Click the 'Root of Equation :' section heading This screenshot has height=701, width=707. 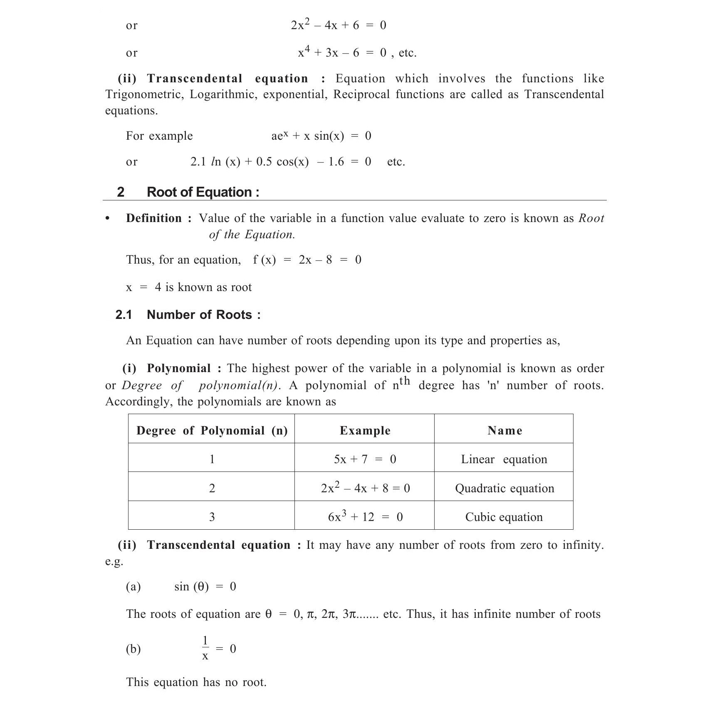[203, 192]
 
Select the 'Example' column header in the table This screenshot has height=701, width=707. [365, 430]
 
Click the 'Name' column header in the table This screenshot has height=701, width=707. [504, 430]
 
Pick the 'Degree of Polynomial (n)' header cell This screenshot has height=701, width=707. [212, 430]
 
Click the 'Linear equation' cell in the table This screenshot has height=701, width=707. [504, 459]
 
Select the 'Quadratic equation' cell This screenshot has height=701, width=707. [504, 488]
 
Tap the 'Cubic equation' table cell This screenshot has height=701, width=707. [504, 517]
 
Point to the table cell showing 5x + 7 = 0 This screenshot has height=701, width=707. [365, 459]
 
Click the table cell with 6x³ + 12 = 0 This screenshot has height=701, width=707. [365, 517]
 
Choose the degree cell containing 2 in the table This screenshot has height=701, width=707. [212, 488]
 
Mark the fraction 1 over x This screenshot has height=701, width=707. [205, 648]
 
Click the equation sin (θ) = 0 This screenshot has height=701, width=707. [205, 586]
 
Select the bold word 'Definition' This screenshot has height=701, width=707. [154, 218]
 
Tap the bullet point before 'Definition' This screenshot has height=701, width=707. [108, 219]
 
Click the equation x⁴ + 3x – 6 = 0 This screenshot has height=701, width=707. [342, 53]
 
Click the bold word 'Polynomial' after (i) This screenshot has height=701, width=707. [178, 368]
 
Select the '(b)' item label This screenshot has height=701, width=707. [133, 649]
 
